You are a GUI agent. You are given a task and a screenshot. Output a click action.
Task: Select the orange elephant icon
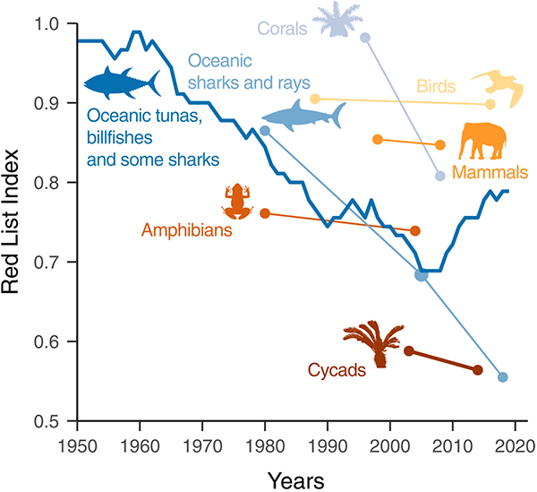pos(487,141)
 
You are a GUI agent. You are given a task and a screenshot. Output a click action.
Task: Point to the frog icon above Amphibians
pos(238,201)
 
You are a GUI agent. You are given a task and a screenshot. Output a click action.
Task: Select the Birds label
pos(437,87)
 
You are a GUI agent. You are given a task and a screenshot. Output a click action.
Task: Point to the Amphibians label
pos(187,230)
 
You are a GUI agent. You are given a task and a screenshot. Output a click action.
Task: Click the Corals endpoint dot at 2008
pos(439,176)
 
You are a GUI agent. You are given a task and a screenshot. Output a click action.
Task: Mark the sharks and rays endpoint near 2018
pos(503,377)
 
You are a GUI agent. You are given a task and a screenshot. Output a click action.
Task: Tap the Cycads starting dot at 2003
pos(408,350)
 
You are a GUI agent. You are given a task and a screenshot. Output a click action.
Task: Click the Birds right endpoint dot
pos(490,105)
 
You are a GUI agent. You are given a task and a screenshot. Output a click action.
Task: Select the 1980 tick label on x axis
pos(264,445)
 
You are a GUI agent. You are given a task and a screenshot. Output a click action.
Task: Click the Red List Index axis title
pos(16,223)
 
